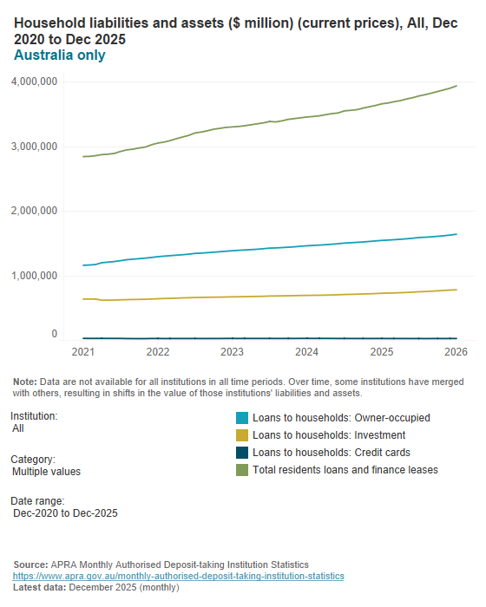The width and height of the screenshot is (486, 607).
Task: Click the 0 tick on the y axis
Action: point(54,334)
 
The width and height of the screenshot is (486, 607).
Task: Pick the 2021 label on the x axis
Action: point(83,352)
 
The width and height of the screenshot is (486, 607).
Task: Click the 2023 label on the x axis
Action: point(232,352)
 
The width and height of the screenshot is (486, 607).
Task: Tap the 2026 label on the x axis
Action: point(456,352)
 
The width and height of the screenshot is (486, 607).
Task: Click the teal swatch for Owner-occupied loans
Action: point(242,417)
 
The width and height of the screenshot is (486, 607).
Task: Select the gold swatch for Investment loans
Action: point(242,434)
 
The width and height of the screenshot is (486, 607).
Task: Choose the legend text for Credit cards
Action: point(331,452)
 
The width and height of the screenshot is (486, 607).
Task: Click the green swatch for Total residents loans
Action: point(242,469)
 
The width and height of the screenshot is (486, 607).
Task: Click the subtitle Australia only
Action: point(60,55)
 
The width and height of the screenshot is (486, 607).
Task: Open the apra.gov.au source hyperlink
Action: point(178,576)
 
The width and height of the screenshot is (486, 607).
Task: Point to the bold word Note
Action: point(24,382)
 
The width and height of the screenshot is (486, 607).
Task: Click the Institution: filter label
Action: point(34,415)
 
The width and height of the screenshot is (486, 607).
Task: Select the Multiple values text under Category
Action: point(47,472)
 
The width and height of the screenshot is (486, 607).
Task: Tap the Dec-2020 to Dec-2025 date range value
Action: point(65,513)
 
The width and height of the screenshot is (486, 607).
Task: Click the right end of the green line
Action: point(456,86)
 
